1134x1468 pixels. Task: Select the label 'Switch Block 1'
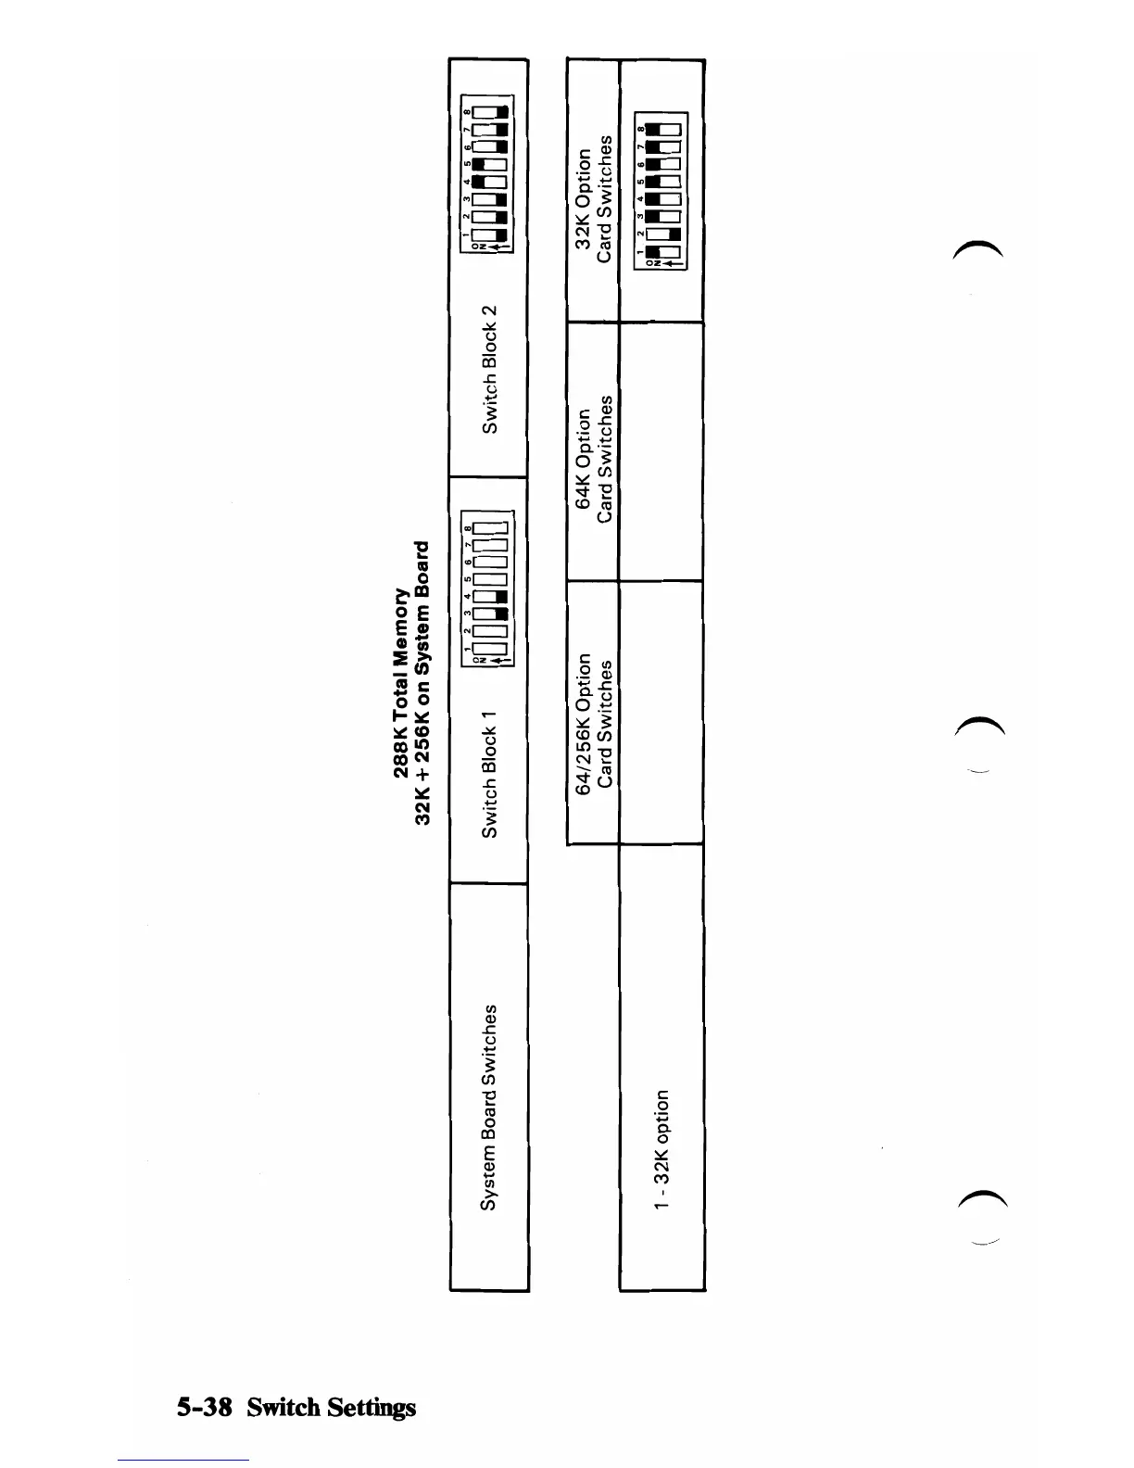click(489, 775)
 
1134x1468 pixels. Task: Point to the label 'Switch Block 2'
click(489, 368)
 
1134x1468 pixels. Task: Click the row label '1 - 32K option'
click(661, 1149)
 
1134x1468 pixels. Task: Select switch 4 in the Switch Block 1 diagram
click(487, 596)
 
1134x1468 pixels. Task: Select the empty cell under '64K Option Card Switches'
click(661, 451)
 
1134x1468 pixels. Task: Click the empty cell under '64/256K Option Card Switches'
click(661, 713)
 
